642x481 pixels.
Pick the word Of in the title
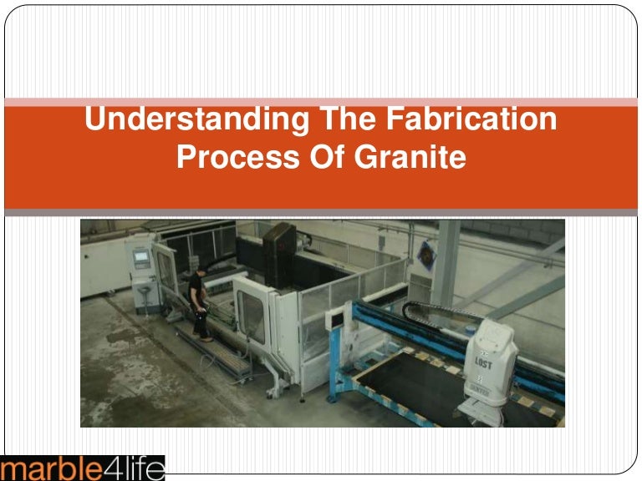319,156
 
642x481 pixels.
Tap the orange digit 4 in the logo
110,468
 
